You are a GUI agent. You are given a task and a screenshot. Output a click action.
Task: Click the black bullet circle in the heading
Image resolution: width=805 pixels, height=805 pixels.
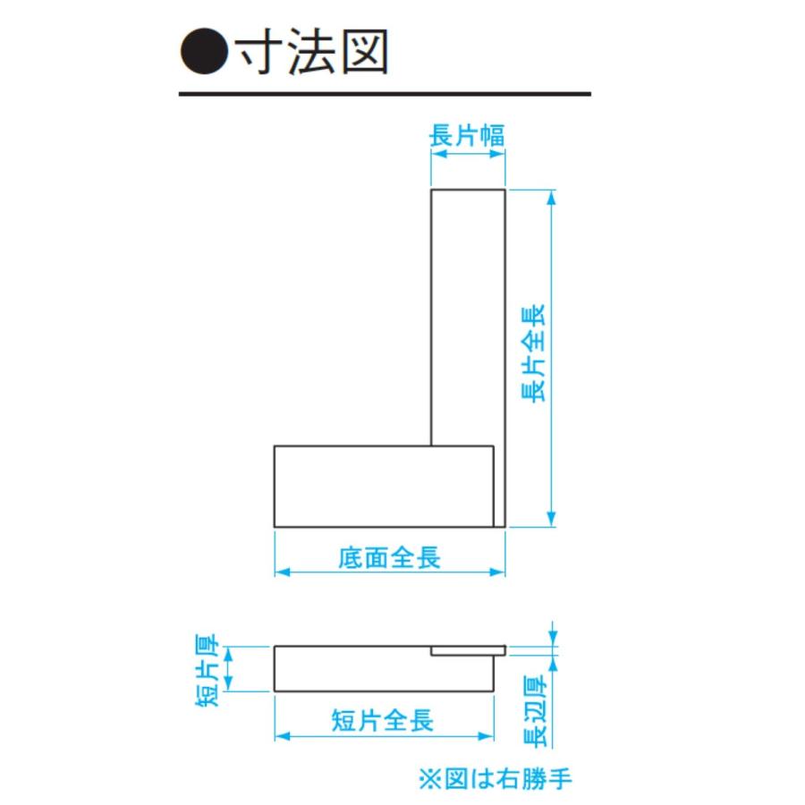(x=204, y=51)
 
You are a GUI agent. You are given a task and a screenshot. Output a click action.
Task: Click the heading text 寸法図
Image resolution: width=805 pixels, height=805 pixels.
(x=311, y=51)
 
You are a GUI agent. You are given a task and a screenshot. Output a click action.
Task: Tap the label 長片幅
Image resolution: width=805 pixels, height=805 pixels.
(x=467, y=136)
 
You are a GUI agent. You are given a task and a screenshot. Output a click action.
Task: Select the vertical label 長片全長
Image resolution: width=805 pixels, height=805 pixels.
(x=533, y=353)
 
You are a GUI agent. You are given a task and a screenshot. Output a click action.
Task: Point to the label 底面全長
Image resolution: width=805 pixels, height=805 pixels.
(x=390, y=557)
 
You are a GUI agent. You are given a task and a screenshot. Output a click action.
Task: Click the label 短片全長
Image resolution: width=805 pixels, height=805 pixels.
(x=383, y=720)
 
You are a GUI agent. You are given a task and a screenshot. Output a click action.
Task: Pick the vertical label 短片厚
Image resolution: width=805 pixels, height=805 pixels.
(x=208, y=670)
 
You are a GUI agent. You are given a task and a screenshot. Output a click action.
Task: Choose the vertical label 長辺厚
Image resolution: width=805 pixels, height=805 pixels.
(x=535, y=711)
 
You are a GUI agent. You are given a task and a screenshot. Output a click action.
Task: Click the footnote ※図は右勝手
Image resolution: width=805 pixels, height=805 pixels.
(x=496, y=778)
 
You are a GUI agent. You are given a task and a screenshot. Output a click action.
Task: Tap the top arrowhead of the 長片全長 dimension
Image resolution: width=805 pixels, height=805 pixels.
(x=551, y=198)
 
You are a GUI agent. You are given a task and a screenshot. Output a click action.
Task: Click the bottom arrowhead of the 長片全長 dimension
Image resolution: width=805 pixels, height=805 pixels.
(x=551, y=519)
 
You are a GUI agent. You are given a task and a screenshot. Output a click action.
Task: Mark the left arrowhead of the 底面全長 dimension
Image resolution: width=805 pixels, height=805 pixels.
(x=283, y=572)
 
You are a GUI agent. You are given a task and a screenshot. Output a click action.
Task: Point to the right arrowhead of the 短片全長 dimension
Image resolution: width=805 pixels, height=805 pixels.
(x=486, y=736)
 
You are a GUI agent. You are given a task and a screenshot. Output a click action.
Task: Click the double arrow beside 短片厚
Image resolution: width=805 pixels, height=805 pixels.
(x=229, y=668)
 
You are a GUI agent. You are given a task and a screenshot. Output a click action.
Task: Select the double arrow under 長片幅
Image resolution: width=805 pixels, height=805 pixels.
(x=468, y=154)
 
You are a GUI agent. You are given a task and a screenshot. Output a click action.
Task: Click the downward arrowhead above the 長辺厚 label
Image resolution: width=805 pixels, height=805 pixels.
(x=553, y=638)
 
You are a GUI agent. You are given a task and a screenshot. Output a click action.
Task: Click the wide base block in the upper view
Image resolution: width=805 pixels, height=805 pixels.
(x=384, y=487)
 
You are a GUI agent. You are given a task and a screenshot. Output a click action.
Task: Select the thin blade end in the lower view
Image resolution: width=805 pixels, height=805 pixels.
(x=468, y=651)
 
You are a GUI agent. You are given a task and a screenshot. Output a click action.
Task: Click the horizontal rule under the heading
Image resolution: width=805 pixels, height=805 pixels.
(x=385, y=94)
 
